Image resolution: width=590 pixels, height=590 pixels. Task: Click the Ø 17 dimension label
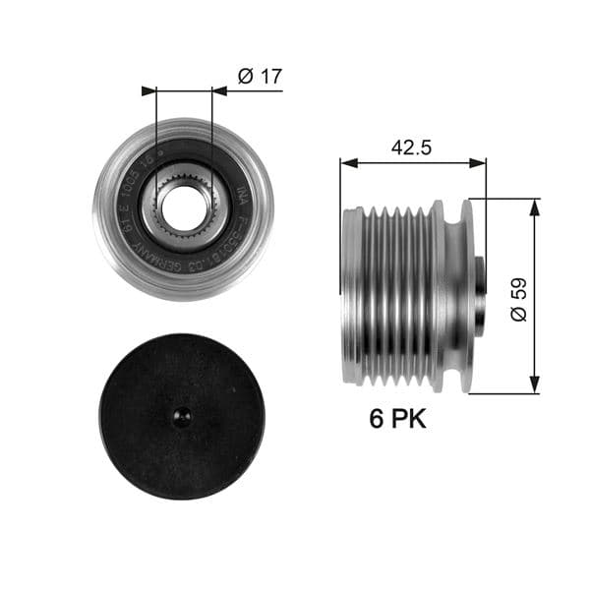pyautogui.click(x=261, y=75)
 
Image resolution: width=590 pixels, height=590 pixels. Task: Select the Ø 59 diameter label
pyautogui.click(x=519, y=297)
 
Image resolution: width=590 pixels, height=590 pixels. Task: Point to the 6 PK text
pyautogui.click(x=397, y=420)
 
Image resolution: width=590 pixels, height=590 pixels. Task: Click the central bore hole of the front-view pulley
pyautogui.click(x=183, y=206)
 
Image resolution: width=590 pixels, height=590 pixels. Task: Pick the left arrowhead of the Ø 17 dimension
pyautogui.click(x=149, y=90)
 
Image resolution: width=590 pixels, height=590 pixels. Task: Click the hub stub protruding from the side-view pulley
pyautogui.click(x=479, y=296)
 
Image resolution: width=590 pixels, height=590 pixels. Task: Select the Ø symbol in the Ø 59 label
pyautogui.click(x=519, y=314)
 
